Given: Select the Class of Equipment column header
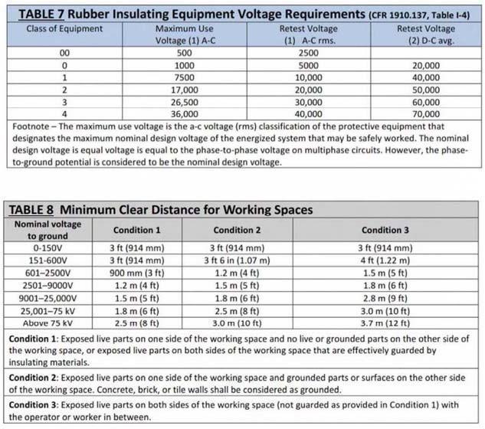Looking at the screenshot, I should (64, 29).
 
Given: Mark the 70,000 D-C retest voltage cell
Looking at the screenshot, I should (425, 113).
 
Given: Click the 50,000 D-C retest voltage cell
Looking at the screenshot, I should (425, 90).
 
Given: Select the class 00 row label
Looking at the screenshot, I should (64, 54).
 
